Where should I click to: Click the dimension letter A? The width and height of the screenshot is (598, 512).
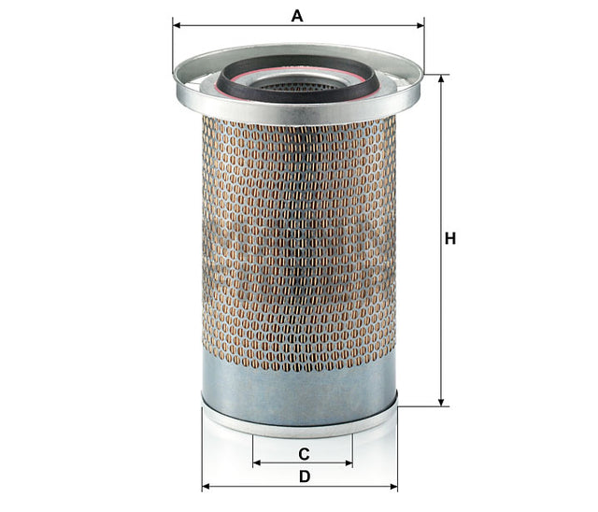(x=297, y=16)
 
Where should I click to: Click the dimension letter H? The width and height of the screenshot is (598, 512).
(x=450, y=238)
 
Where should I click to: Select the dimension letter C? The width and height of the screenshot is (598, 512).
(x=304, y=454)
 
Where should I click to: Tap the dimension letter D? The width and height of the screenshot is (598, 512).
(x=305, y=476)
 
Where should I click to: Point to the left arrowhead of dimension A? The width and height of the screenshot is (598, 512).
(x=177, y=25)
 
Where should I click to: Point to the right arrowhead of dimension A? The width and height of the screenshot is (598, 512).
(x=420, y=25)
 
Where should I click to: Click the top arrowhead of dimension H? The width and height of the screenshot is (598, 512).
(x=441, y=78)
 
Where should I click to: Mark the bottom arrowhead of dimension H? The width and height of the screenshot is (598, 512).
(x=441, y=403)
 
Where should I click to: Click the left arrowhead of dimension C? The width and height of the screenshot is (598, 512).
(x=257, y=463)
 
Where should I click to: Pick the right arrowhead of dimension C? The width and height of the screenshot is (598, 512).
(x=349, y=463)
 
